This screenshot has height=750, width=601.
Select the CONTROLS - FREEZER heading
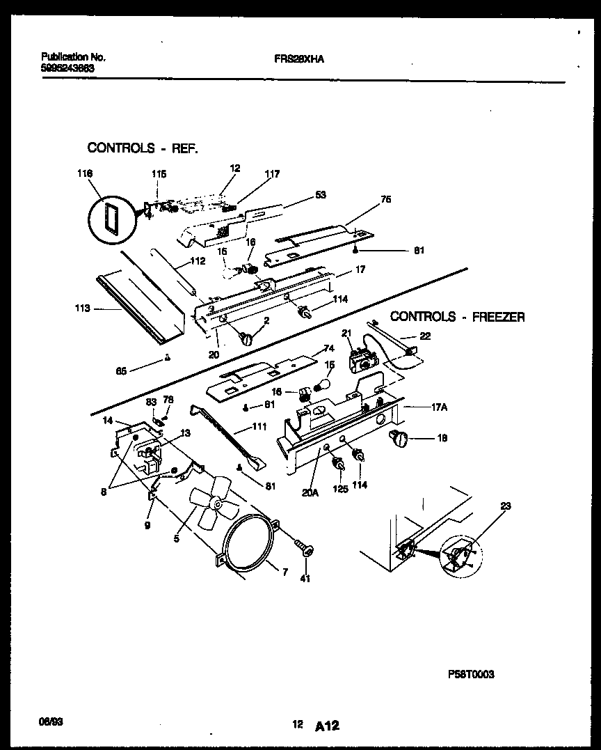457,317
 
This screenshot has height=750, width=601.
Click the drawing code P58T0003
471,674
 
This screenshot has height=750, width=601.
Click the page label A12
327,726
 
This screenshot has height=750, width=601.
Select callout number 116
86,173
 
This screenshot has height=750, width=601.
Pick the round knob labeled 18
398,437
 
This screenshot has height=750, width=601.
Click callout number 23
505,506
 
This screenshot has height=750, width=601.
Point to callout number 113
81,308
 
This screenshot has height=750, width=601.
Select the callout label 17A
438,409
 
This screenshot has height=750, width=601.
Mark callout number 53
321,195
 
